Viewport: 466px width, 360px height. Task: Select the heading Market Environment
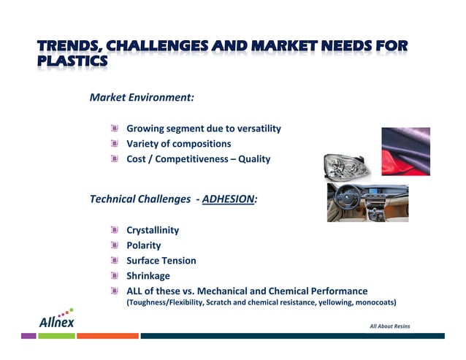coord(141,96)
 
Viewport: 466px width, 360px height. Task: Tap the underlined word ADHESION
coord(229,199)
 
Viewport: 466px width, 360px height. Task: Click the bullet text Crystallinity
coord(153,230)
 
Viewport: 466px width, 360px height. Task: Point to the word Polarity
coord(144,245)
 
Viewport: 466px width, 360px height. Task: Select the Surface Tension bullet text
coord(161,261)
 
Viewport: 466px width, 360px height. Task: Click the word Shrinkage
coord(148,276)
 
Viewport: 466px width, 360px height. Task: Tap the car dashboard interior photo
coord(367,202)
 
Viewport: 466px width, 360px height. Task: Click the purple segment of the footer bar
coord(28,336)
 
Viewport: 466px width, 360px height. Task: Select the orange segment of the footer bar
coord(107,336)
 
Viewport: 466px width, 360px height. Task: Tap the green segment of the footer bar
coord(56,336)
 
